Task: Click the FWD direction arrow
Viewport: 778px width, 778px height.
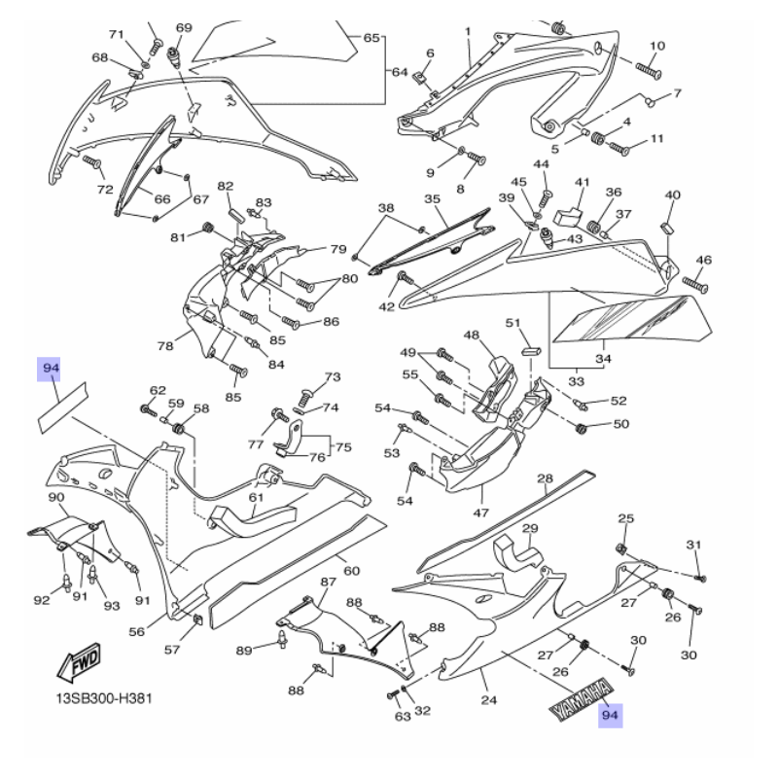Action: click(x=77, y=666)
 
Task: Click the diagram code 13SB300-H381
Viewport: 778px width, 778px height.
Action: click(x=101, y=698)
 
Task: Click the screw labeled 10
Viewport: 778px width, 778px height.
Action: click(x=650, y=68)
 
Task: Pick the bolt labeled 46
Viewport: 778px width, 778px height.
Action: click(x=696, y=283)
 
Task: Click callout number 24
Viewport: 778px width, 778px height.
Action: click(x=489, y=699)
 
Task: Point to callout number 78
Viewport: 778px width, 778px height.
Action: click(x=165, y=345)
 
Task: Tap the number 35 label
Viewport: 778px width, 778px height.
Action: click(x=433, y=199)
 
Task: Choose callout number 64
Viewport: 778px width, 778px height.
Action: click(x=400, y=72)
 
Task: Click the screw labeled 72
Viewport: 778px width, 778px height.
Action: click(x=92, y=161)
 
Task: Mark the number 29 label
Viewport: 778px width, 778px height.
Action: click(x=531, y=529)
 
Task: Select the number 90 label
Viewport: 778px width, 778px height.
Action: click(x=56, y=497)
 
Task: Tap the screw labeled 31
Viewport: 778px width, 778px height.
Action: click(x=700, y=578)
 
